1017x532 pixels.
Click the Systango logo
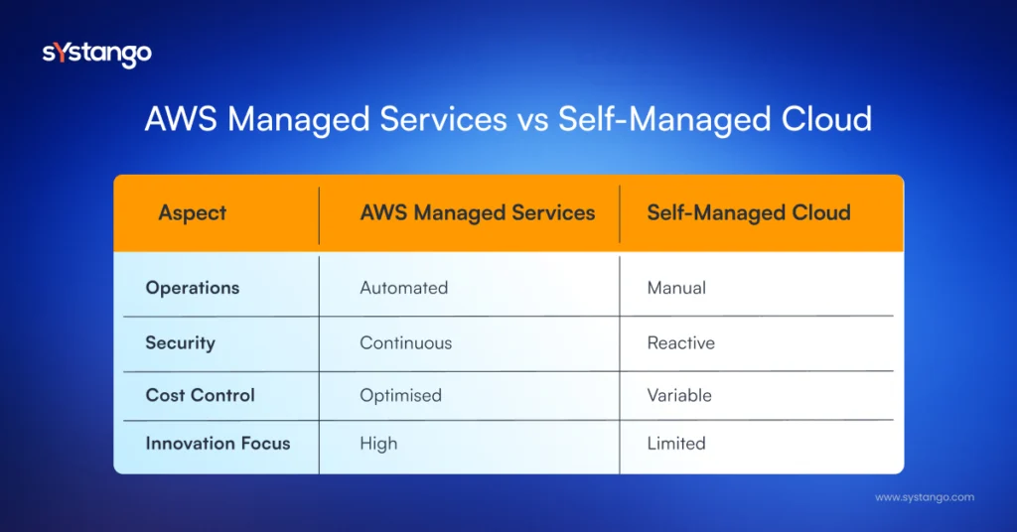97,54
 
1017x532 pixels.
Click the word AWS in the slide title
181,119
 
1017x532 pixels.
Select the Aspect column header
193,213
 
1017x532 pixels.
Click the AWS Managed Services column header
478,213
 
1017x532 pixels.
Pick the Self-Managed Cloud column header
749,213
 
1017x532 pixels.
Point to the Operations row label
193,289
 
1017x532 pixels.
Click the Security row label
181,343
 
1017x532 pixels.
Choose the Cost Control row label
200,395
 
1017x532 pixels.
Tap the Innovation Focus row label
218,444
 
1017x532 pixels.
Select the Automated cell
404,288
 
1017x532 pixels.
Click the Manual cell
676,288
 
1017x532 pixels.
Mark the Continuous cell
406,342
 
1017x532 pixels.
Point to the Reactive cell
681,342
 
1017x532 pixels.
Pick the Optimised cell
401,396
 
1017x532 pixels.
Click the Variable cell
679,395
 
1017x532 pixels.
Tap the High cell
378,444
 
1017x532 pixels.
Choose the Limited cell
676,444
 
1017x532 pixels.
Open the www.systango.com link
925,497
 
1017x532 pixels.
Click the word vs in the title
532,121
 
